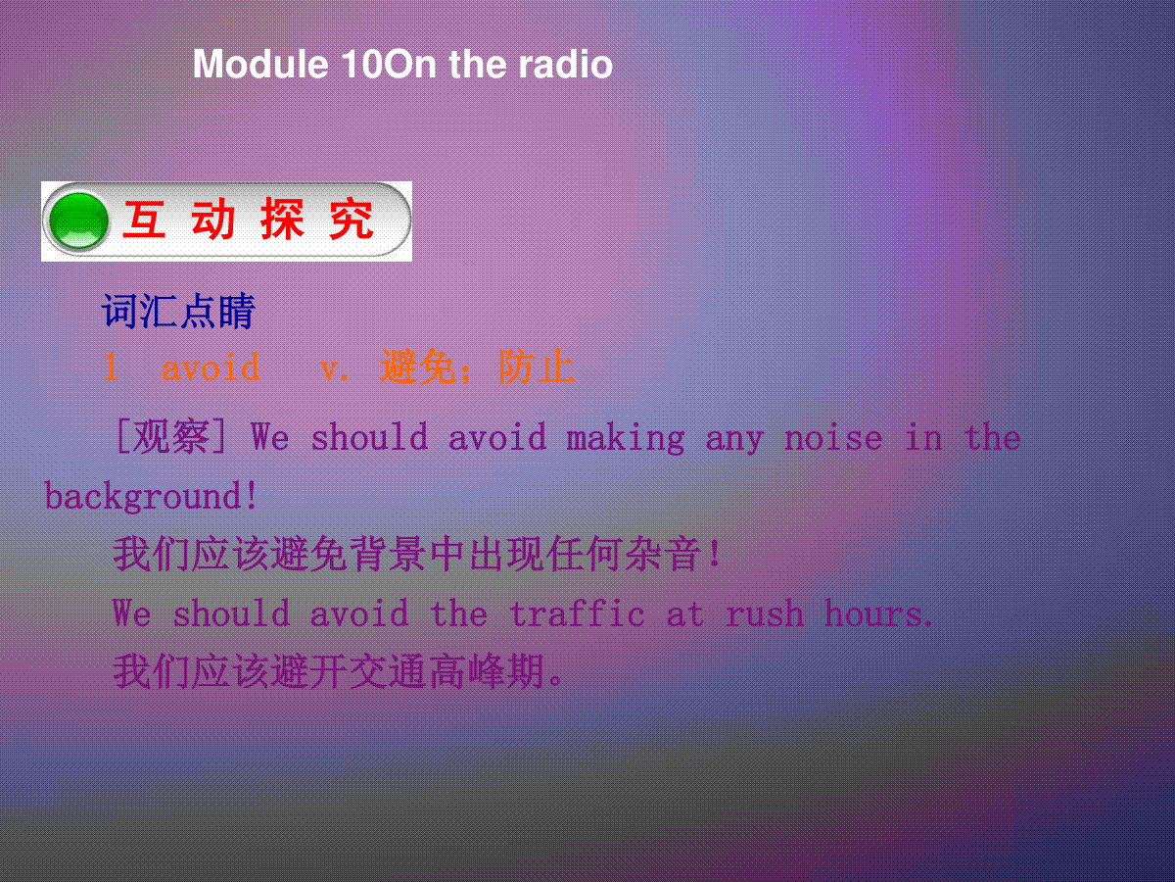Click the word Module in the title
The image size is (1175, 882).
(x=260, y=65)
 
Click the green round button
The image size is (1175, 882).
(x=78, y=220)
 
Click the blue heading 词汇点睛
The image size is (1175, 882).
(x=179, y=311)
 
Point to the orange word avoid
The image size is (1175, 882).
(x=211, y=367)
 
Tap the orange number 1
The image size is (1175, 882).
(x=112, y=367)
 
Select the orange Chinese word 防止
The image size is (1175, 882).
(x=537, y=367)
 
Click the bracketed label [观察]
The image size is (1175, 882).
(x=171, y=437)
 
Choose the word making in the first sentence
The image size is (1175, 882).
(x=626, y=439)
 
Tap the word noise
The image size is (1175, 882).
(x=833, y=438)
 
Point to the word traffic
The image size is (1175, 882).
(x=577, y=612)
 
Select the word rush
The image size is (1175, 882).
(x=765, y=613)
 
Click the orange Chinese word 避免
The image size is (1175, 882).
(x=419, y=367)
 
